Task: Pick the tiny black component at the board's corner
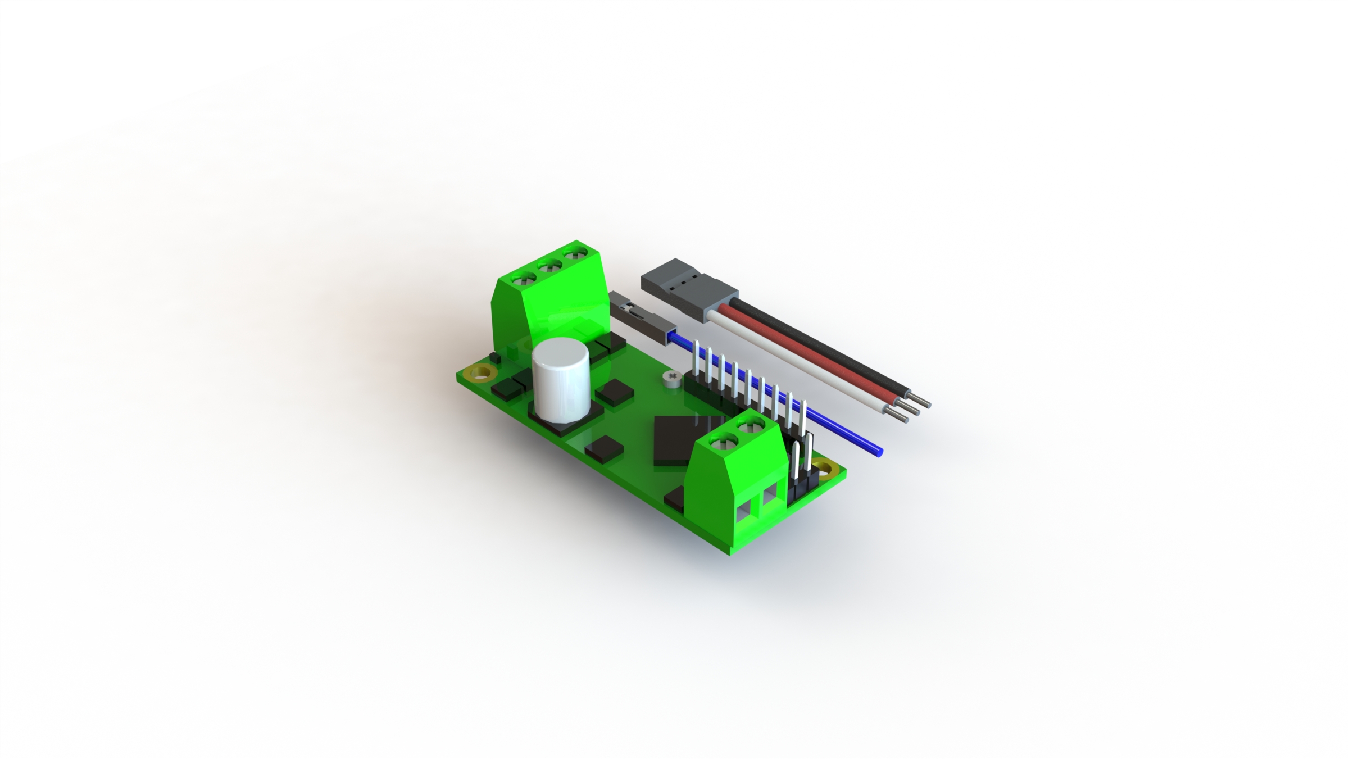pyautogui.click(x=496, y=358)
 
